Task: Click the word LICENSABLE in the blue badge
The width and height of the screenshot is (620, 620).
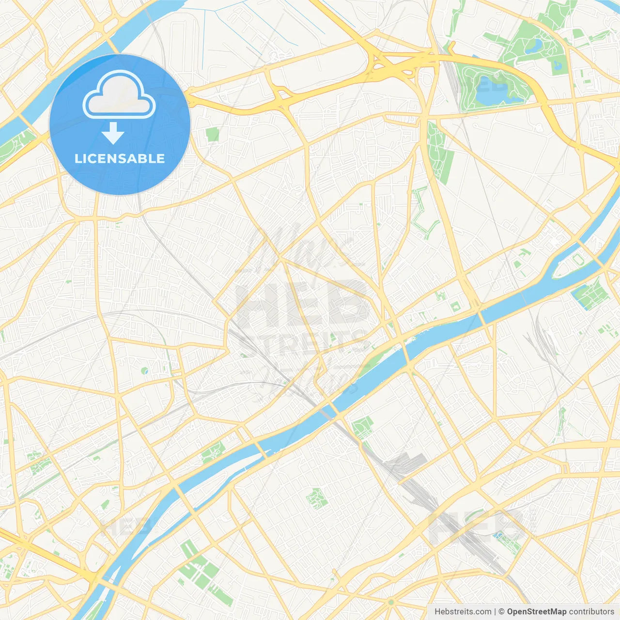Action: (120, 159)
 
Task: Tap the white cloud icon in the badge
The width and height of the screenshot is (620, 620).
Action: (119, 94)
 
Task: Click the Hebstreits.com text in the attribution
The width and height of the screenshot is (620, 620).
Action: (463, 612)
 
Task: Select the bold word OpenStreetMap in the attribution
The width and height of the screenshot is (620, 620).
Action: (537, 612)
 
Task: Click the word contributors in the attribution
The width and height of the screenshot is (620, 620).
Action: (591, 612)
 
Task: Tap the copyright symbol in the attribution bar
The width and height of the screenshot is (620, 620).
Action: (501, 612)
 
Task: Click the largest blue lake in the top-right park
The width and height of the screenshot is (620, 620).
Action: (492, 92)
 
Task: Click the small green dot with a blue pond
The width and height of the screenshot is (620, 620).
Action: (145, 371)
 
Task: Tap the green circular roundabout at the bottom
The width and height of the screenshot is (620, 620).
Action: (391, 602)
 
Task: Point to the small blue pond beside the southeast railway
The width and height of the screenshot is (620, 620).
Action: (498, 535)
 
